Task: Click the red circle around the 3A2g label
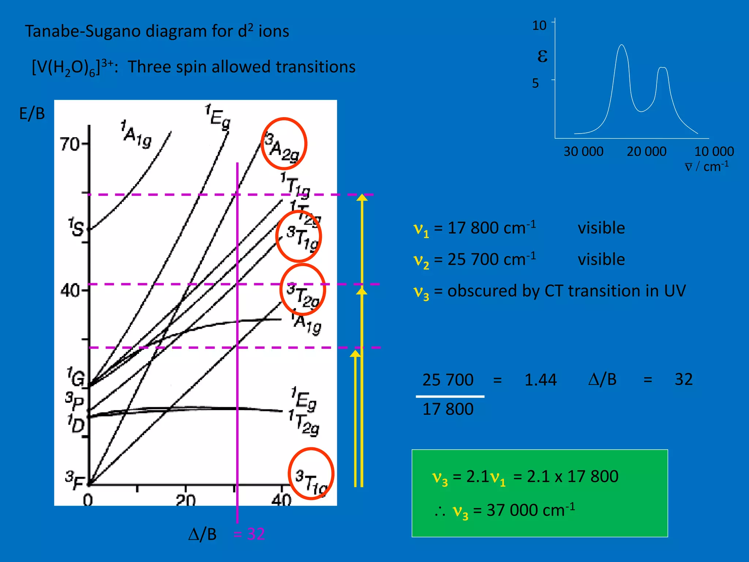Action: coord(284,143)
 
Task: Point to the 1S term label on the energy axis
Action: coord(76,227)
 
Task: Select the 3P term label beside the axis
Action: coord(74,401)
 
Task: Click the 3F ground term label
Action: coord(74,480)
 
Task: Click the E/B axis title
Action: coord(32,114)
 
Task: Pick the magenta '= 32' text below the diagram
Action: coord(249,534)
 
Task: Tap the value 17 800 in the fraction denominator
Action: coord(448,409)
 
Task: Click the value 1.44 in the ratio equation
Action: coord(540,380)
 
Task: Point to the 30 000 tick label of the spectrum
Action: coord(583,151)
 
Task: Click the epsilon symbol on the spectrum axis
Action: coord(542,56)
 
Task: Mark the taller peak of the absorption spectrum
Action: coord(621,46)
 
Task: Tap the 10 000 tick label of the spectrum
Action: coord(714,151)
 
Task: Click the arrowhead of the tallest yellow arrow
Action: coord(362,197)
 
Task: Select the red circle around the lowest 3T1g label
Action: coord(311,473)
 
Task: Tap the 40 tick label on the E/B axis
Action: coord(69,291)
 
